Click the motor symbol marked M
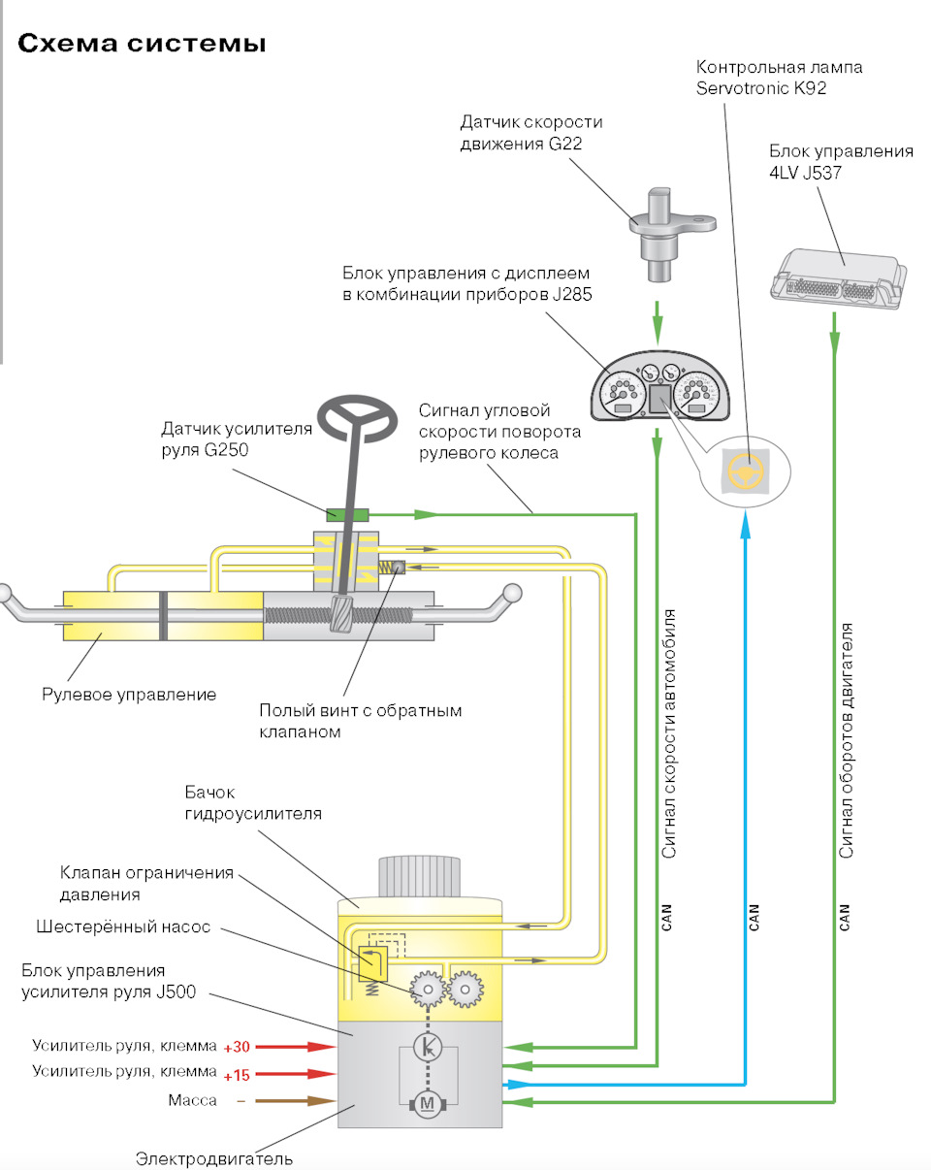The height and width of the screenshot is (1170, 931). pyautogui.click(x=426, y=1103)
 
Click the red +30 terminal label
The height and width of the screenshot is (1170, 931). pyautogui.click(x=238, y=1048)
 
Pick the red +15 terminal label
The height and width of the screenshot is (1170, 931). pyautogui.click(x=238, y=1074)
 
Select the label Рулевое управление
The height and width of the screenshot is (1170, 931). pyautogui.click(x=129, y=695)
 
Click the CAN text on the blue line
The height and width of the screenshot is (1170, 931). pyautogui.click(x=754, y=917)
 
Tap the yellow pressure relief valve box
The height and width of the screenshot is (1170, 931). pyautogui.click(x=373, y=962)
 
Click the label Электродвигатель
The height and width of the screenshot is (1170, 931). pyautogui.click(x=213, y=1158)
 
